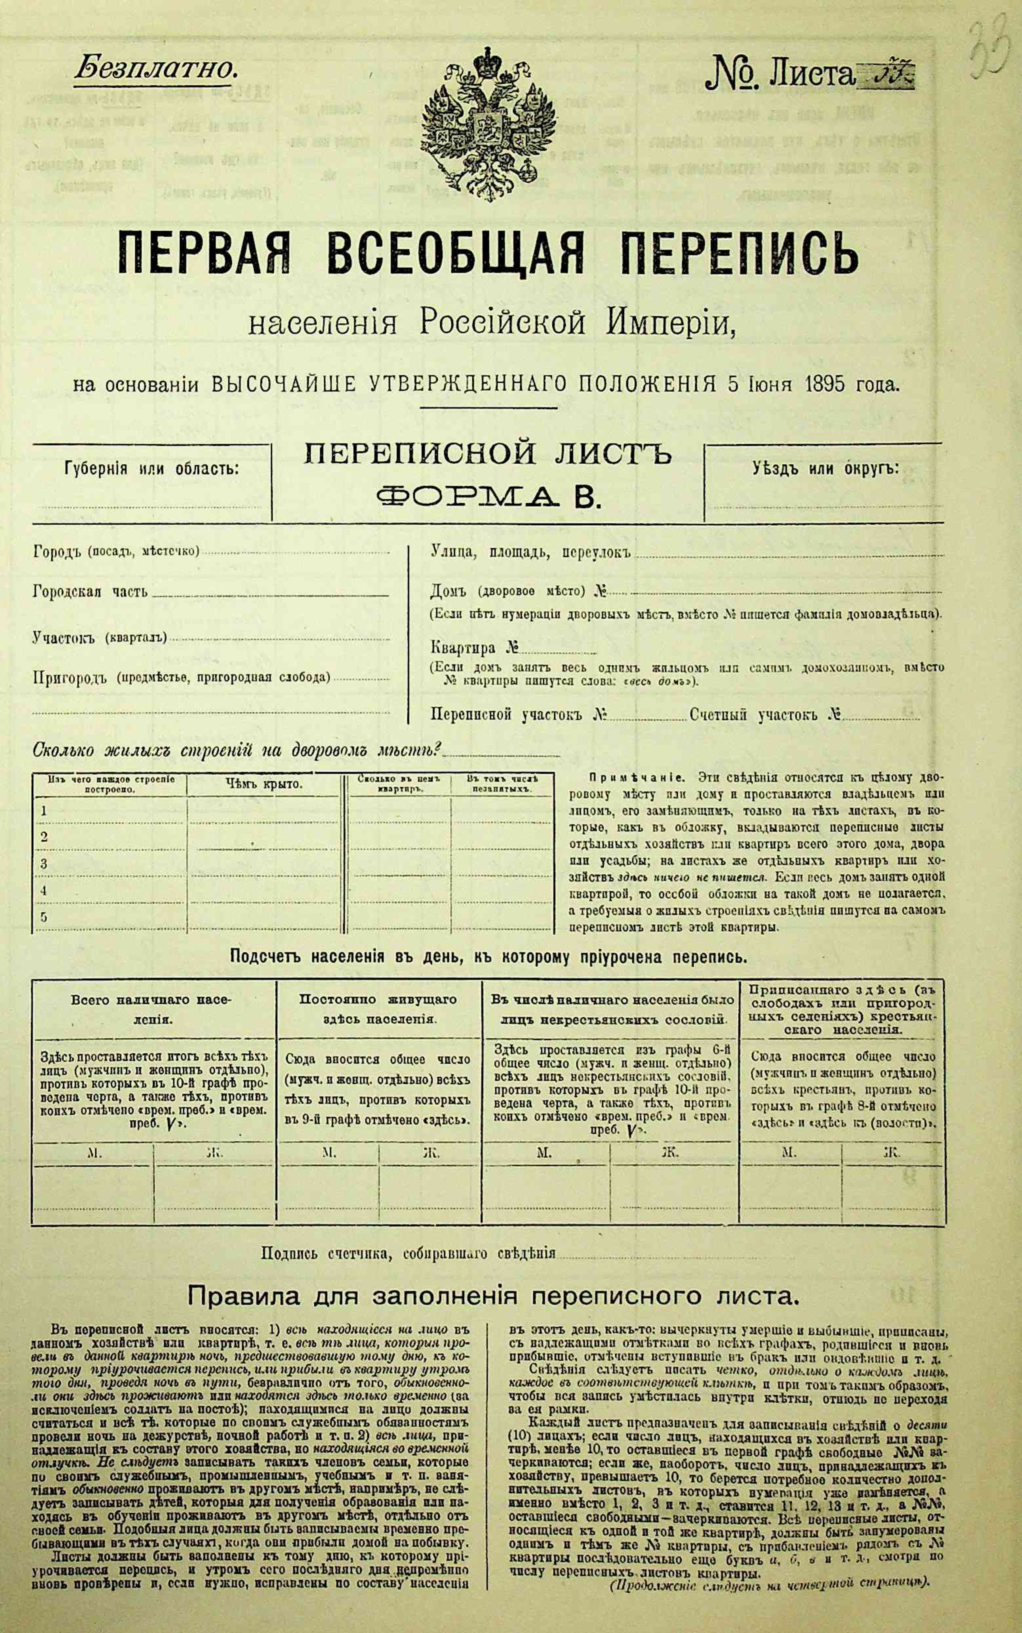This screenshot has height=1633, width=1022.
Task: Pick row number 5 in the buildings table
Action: pyautogui.click(x=45, y=917)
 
